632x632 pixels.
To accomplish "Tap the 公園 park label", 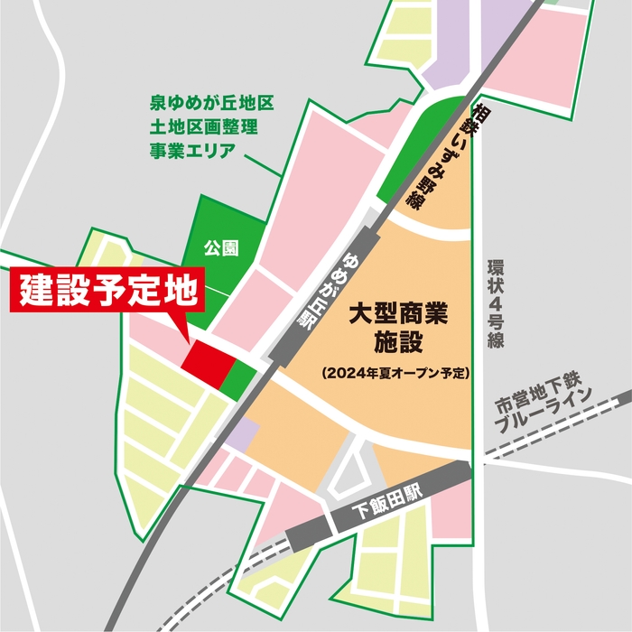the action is point(220,246).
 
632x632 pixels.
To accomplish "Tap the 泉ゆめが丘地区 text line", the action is point(210,105).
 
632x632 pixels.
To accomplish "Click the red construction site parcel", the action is point(207,361).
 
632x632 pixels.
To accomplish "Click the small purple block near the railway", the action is point(240,437).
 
